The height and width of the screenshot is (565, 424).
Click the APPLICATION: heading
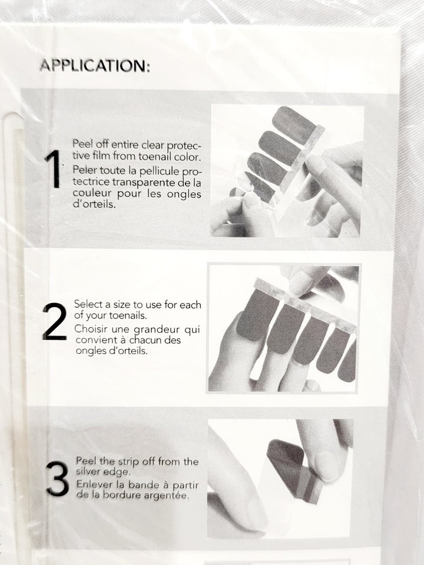pos(94,65)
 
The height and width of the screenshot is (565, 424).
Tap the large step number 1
pos(52,169)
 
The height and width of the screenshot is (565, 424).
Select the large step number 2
pos(54,321)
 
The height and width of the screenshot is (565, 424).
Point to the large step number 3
pos(57,479)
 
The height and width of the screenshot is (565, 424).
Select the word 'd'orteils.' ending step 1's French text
pos(94,204)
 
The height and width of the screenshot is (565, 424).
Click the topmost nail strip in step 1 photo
pos(294,125)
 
